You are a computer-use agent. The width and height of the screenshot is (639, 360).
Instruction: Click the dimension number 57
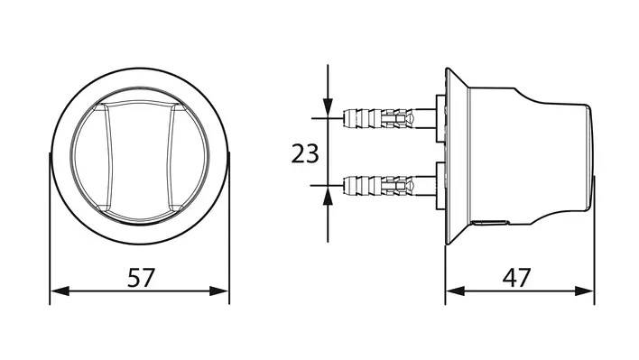(x=141, y=277)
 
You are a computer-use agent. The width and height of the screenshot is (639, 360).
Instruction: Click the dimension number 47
(x=516, y=278)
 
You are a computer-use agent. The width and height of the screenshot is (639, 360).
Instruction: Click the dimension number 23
(x=305, y=154)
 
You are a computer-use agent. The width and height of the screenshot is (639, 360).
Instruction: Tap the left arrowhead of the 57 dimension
(x=60, y=291)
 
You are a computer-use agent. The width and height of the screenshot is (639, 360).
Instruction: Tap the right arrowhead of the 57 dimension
(x=218, y=291)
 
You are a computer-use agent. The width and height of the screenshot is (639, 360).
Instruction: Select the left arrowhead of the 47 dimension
(x=455, y=291)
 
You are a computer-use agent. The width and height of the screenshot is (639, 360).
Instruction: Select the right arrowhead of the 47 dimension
(x=584, y=291)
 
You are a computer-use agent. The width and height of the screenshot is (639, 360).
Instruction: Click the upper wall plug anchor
(x=379, y=117)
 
